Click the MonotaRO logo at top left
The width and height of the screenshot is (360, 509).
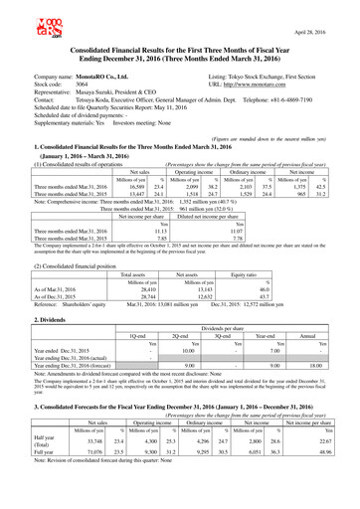pyautogui.click(x=20, y=19)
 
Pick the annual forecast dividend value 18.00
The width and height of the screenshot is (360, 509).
pyautogui.click(x=333, y=336)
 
